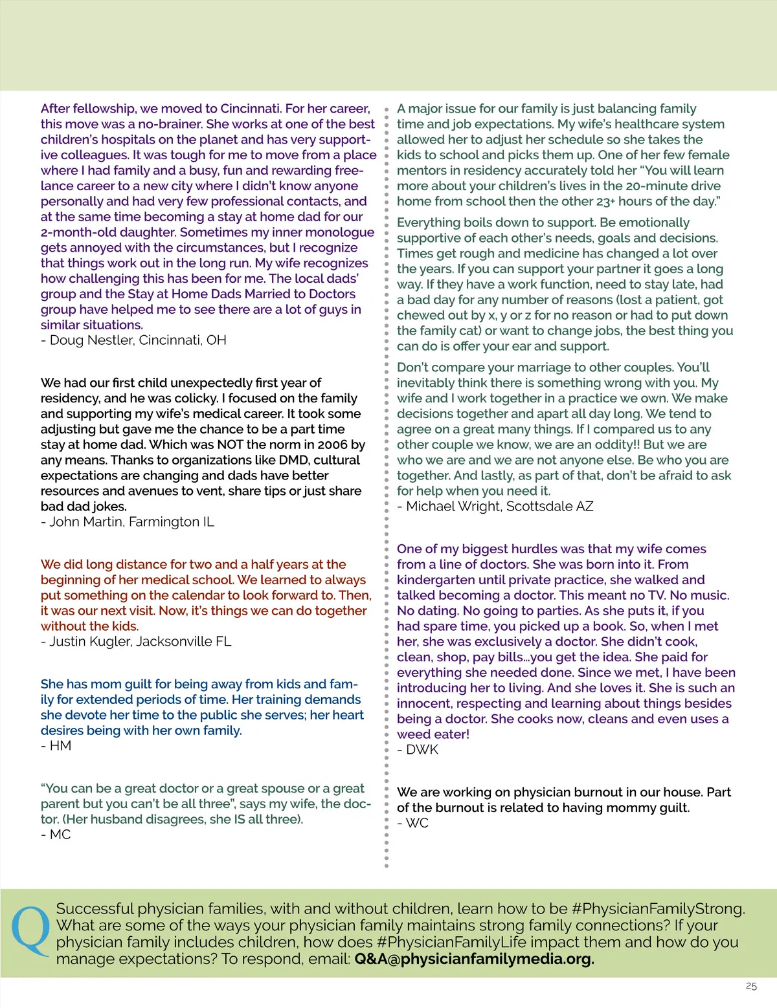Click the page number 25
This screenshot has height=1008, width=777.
tap(751, 986)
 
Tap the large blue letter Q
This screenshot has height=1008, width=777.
tap(31, 932)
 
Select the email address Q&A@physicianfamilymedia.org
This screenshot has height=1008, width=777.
tap(474, 959)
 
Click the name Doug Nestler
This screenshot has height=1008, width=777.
tap(92, 340)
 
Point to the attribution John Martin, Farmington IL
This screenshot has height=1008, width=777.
tap(127, 522)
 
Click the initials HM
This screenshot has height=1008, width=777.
tap(60, 746)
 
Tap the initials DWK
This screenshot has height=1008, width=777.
tap(422, 750)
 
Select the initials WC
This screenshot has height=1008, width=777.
tap(417, 823)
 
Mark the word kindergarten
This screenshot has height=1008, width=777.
tap(440, 580)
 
